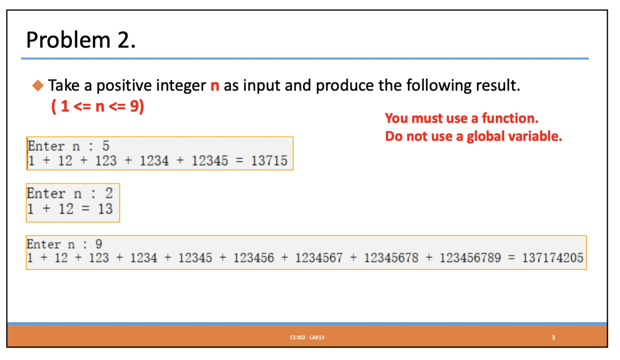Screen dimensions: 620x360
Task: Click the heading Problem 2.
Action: click(81, 40)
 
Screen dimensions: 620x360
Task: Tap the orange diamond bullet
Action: click(38, 85)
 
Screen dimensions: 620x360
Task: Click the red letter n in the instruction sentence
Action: click(215, 86)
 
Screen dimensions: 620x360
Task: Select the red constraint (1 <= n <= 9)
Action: click(98, 106)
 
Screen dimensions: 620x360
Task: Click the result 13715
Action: click(269, 161)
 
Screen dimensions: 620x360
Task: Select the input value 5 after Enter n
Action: click(106, 146)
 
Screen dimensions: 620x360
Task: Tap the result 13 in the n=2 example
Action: click(105, 209)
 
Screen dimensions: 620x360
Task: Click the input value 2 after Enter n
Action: click(109, 193)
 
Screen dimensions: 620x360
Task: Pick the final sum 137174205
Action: click(553, 258)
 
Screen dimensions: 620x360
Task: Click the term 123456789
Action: click(470, 258)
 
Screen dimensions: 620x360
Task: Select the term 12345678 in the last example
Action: click(391, 258)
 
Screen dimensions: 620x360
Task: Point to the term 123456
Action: click(254, 258)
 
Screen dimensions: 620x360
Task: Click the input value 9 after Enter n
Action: click(99, 244)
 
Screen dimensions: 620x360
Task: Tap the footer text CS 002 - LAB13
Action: click(307, 337)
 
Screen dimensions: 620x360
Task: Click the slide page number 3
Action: click(553, 337)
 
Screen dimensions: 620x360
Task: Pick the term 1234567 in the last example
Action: click(319, 258)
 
